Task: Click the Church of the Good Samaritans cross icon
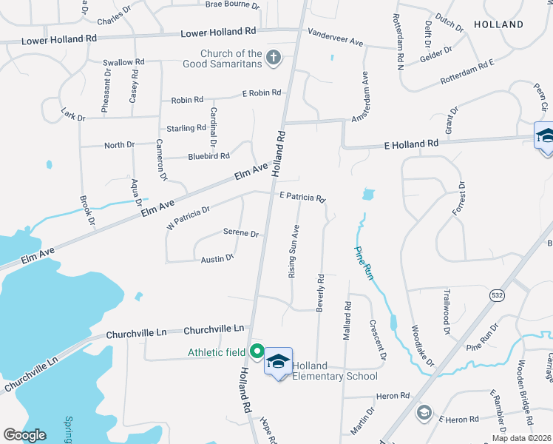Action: tap(274, 58)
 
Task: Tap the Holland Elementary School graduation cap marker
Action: tap(278, 362)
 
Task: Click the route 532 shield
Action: tap(497, 295)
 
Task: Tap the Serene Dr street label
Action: tap(240, 233)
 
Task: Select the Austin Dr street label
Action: tap(217, 259)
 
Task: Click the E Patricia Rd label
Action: tap(302, 198)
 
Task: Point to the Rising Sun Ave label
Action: tap(294, 251)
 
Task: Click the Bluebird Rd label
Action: tap(208, 156)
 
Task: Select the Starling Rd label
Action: tap(186, 128)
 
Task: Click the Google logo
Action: tap(24, 435)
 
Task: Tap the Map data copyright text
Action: tap(520, 438)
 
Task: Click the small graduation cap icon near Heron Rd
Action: tap(424, 412)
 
